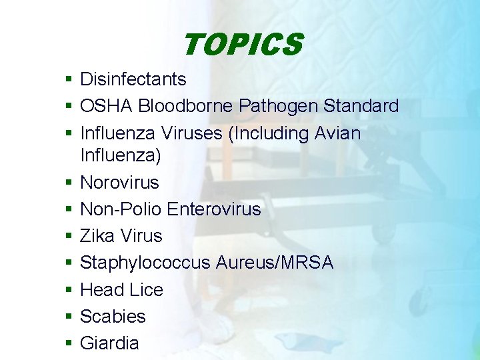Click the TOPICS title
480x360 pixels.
point(242,45)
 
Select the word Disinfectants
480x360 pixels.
point(133,79)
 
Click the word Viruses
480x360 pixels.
point(192,133)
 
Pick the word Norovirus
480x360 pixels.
point(119,183)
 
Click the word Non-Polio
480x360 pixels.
point(121,209)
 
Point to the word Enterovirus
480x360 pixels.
point(214,209)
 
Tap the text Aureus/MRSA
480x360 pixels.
point(274,263)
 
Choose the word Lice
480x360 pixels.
point(147,290)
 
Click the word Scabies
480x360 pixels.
point(113,317)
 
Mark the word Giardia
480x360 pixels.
point(109,343)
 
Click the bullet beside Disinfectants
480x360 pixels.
point(69,80)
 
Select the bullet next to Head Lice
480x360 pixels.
point(69,290)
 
